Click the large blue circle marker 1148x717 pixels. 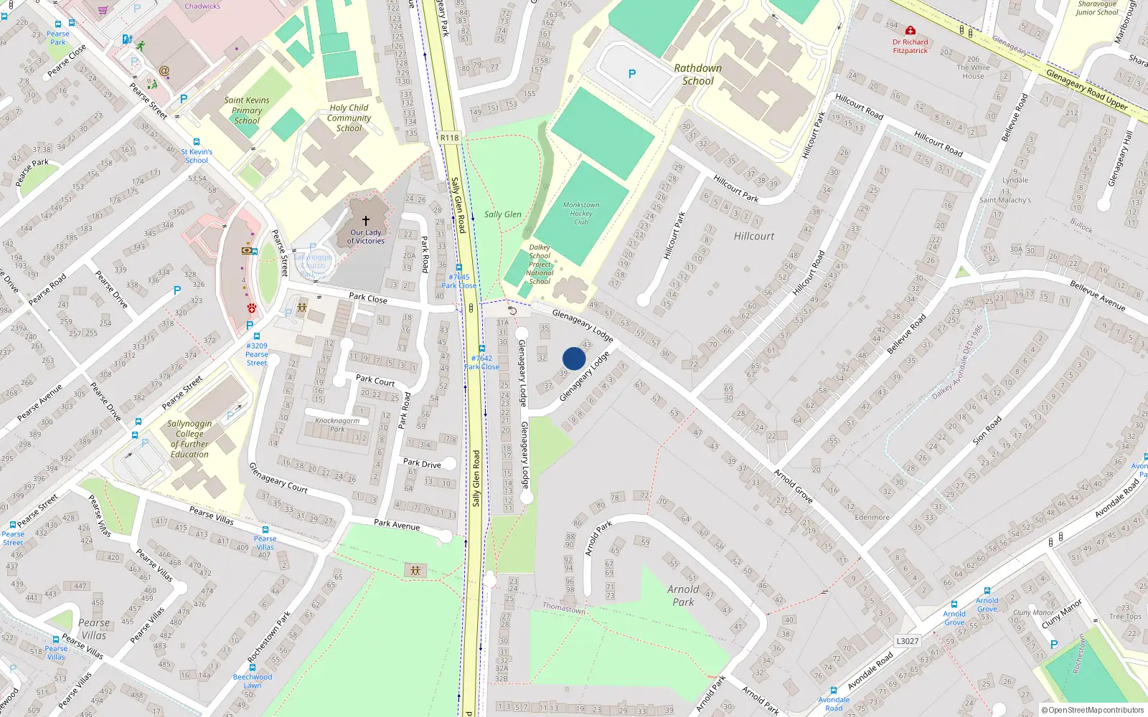[574, 358]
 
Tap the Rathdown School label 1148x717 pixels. [697, 75]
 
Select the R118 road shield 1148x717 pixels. [449, 138]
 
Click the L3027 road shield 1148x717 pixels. [907, 641]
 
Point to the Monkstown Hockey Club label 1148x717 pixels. [580, 214]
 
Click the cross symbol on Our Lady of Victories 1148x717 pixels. [366, 221]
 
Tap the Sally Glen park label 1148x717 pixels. [502, 214]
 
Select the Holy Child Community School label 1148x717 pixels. [349, 118]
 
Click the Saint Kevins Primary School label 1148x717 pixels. [247, 110]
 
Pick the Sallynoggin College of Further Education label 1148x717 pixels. [189, 439]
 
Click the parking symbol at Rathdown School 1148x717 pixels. [632, 74]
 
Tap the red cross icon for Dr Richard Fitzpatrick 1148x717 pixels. [910, 31]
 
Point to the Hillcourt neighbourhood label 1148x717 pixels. [753, 236]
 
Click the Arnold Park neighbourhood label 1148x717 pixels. [683, 595]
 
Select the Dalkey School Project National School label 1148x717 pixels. [540, 265]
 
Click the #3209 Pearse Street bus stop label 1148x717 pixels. [257, 354]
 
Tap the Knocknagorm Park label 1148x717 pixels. [337, 424]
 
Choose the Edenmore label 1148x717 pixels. [872, 517]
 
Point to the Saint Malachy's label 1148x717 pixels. [1005, 200]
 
